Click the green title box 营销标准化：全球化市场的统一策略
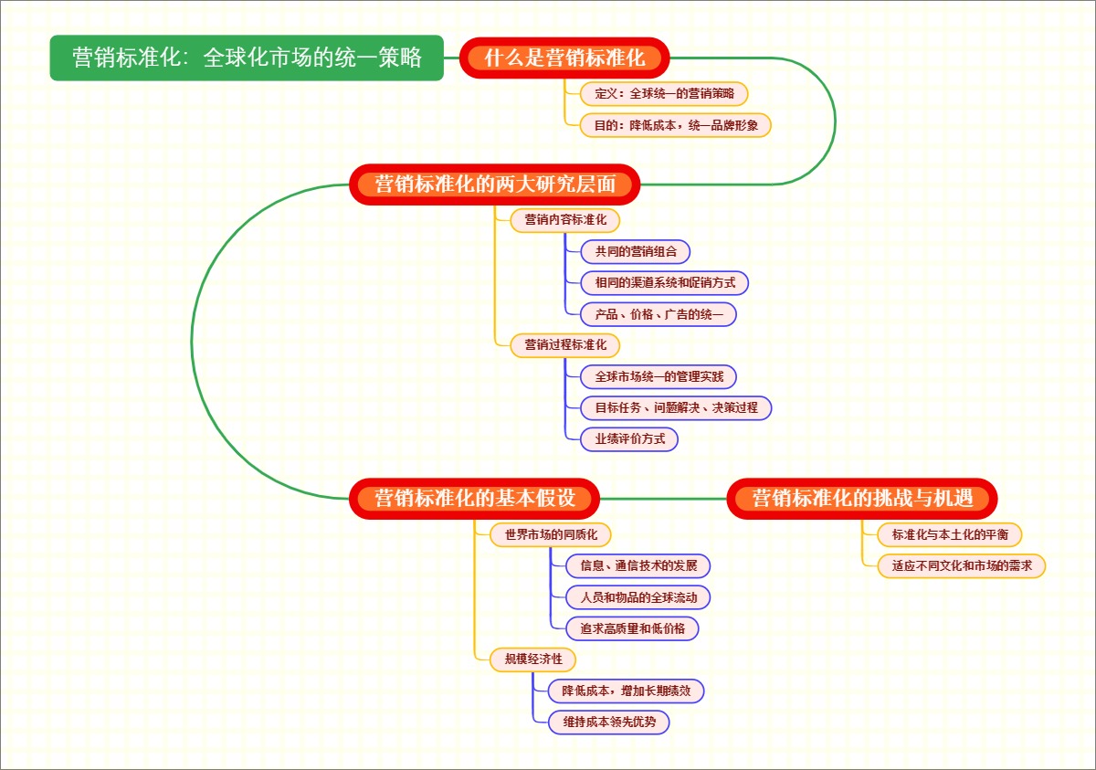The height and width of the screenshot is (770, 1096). click(x=247, y=58)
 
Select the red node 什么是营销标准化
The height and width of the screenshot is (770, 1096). click(x=564, y=58)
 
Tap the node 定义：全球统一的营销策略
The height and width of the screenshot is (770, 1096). click(x=664, y=93)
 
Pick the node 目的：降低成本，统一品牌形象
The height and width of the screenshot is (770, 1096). click(x=676, y=125)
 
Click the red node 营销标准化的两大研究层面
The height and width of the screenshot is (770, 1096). click(x=495, y=185)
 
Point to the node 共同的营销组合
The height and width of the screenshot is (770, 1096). click(x=636, y=251)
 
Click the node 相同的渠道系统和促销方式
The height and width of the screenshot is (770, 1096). click(x=665, y=282)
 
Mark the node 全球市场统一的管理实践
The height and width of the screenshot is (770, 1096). click(x=659, y=376)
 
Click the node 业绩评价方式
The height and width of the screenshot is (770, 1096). click(x=630, y=438)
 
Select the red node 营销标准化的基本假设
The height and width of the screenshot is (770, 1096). click(x=475, y=499)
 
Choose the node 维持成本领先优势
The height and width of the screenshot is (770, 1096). click(x=609, y=723)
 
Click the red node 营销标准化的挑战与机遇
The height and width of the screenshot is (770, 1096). click(x=862, y=499)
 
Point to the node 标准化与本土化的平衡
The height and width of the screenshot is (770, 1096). click(x=943, y=534)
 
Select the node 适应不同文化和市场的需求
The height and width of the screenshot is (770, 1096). click(x=954, y=565)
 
